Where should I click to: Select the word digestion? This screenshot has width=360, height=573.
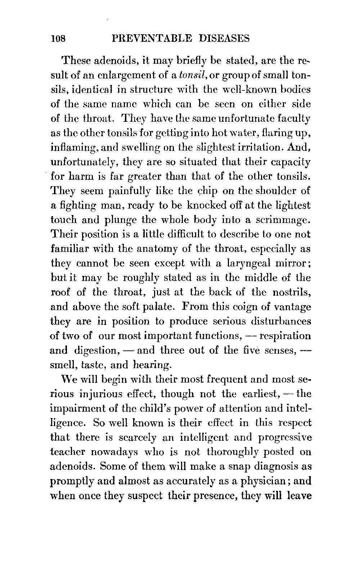[95, 351]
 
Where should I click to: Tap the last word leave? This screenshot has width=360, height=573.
[299, 496]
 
